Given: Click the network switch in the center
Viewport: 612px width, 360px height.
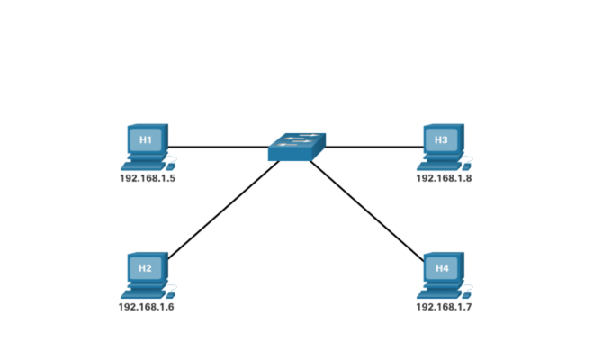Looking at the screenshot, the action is click(x=297, y=147).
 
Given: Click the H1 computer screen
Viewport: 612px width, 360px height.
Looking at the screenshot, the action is click(x=146, y=139).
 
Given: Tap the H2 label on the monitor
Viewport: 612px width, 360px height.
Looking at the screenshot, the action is click(x=145, y=268).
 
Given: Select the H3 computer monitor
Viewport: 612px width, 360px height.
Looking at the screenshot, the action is click(x=444, y=139).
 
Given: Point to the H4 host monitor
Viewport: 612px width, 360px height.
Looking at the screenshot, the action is click(x=444, y=267).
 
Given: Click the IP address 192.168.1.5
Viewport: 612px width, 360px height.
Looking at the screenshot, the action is click(x=148, y=178).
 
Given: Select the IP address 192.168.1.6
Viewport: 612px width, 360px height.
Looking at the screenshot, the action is click(x=147, y=307).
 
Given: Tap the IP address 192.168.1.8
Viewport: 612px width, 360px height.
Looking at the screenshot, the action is click(x=444, y=178).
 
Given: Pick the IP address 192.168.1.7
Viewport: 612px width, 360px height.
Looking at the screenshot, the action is click(x=444, y=307).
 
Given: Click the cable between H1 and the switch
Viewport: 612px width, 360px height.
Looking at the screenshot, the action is click(x=219, y=148).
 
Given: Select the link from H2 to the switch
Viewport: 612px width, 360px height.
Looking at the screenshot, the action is click(x=223, y=210).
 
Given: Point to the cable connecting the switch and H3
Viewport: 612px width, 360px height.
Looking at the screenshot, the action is click(x=374, y=148).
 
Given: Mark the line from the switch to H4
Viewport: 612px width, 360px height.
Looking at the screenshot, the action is click(x=367, y=211).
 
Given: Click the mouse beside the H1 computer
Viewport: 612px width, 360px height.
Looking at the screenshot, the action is click(x=171, y=167).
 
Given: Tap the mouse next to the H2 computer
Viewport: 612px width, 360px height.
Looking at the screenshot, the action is click(x=171, y=295).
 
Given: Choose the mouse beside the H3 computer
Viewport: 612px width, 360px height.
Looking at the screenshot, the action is click(x=466, y=167).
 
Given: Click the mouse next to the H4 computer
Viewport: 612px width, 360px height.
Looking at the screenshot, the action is click(x=466, y=295).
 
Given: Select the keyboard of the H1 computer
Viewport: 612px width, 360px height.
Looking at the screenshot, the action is click(x=144, y=166).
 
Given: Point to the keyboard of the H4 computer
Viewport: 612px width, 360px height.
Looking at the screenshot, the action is click(x=439, y=294).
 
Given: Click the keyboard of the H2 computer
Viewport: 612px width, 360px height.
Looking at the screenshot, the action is click(x=144, y=294).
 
